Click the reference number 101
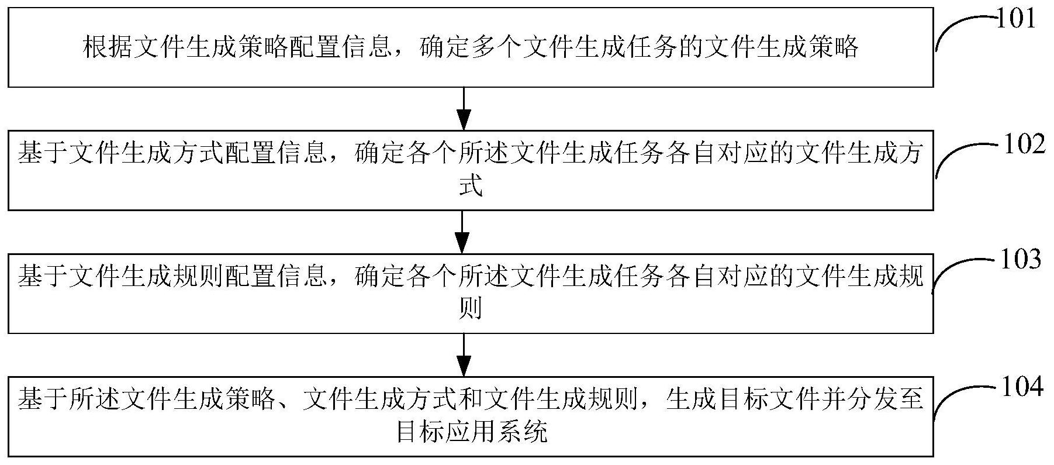[1015, 19]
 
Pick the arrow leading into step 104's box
[463, 356]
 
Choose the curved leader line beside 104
[959, 401]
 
